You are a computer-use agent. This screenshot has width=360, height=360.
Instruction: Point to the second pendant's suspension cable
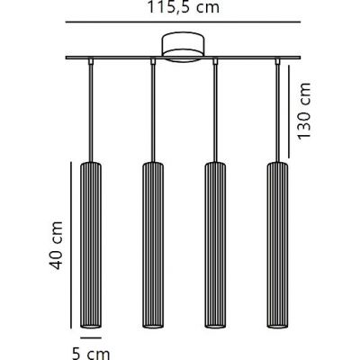pyautogui.click(x=151, y=112)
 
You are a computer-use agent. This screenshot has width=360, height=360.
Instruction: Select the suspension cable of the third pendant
pyautogui.click(x=214, y=112)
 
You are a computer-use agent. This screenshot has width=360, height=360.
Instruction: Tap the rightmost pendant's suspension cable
pyautogui.click(x=275, y=112)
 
